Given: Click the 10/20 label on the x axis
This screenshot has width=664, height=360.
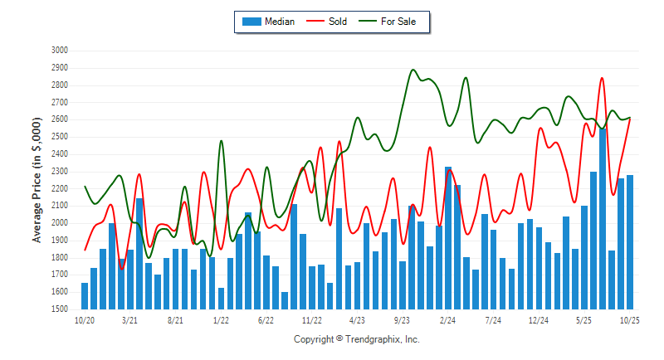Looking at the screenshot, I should click(x=85, y=319).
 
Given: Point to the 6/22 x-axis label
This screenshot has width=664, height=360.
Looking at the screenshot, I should click(x=266, y=319).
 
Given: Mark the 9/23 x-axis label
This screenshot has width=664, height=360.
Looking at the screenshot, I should click(x=403, y=319).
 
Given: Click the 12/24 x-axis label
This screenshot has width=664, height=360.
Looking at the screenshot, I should click(x=539, y=319).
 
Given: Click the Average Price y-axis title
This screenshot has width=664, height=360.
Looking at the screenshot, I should click(x=37, y=179).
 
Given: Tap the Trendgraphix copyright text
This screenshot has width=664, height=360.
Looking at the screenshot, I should click(x=357, y=339).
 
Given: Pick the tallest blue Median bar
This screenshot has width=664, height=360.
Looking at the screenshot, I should click(x=603, y=219).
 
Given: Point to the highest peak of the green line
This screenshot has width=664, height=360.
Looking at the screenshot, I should click(x=413, y=70).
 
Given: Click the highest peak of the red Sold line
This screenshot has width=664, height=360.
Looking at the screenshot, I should click(x=601, y=78).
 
